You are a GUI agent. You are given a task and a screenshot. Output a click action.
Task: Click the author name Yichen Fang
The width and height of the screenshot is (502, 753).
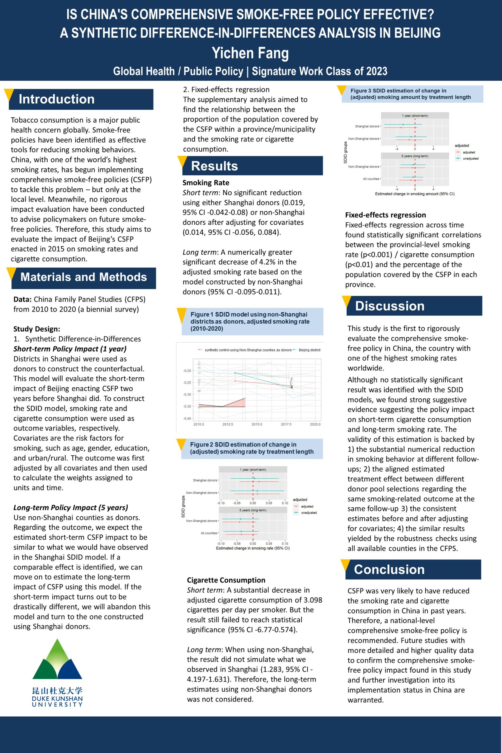(x=250, y=53)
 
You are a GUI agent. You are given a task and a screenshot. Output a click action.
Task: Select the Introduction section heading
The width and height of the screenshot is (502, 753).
(x=57, y=99)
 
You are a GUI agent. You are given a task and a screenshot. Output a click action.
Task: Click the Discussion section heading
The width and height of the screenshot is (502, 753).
(x=390, y=306)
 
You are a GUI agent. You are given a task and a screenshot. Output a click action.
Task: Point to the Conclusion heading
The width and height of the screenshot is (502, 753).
(x=389, y=569)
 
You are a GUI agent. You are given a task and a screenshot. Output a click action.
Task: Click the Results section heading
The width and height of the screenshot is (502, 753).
(x=214, y=166)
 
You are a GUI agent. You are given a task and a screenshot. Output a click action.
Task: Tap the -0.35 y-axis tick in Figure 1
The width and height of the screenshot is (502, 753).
(x=187, y=406)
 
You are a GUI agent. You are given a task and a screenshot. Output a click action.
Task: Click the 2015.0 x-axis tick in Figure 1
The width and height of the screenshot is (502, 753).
(x=257, y=424)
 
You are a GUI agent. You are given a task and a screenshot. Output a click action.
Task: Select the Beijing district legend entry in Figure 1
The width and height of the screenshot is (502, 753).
(x=309, y=350)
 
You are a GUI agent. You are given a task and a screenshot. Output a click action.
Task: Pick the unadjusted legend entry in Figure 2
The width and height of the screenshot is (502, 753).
(x=308, y=513)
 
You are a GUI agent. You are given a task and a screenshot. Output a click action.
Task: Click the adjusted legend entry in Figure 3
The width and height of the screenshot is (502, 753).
(x=469, y=152)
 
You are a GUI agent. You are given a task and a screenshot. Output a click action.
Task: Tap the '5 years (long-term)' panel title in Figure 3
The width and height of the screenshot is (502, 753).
(x=415, y=156)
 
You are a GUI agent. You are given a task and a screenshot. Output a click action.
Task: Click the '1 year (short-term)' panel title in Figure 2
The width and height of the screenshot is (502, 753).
(x=253, y=470)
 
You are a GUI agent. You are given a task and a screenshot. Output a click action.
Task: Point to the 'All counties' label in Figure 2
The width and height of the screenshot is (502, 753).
(x=209, y=533)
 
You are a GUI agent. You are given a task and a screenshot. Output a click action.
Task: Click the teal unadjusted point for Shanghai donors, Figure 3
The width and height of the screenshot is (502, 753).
(x=403, y=124)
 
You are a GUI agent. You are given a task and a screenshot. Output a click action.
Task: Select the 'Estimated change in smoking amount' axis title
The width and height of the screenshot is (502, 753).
(x=415, y=194)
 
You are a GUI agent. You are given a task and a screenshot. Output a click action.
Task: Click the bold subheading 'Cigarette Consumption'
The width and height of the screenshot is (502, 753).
(x=226, y=580)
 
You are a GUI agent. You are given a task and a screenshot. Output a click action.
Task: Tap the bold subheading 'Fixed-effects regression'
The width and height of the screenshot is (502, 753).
(x=386, y=215)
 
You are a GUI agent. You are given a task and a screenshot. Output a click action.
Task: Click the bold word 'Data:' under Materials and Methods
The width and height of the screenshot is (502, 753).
(x=22, y=299)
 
